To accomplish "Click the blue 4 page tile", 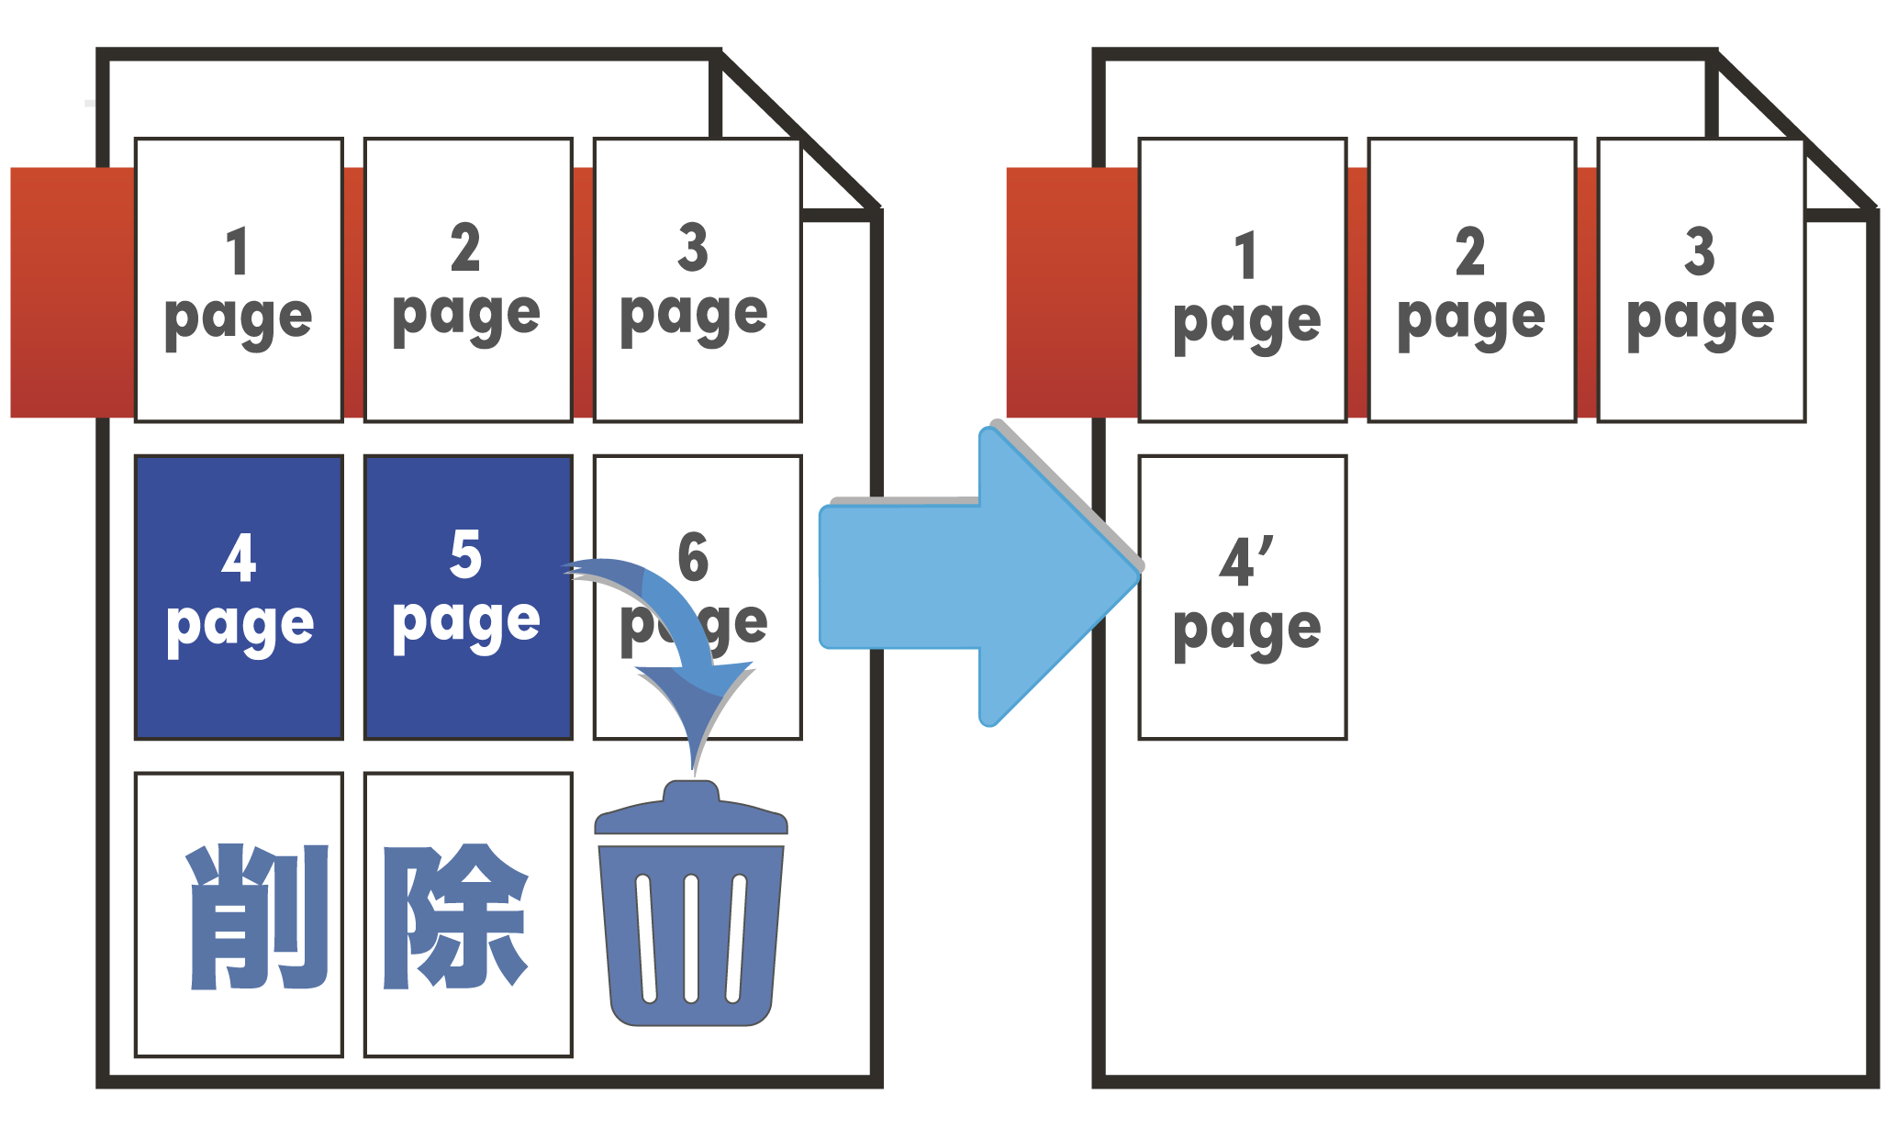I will tap(239, 597).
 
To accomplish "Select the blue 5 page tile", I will tap(467, 597).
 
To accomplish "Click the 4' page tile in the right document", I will tap(1243, 597).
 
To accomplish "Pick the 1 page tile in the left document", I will tap(239, 280).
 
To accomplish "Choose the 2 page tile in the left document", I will tap(467, 280).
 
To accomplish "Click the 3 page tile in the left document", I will tap(697, 280).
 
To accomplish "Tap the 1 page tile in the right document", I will tap(1243, 280).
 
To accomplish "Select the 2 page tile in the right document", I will tap(1471, 280).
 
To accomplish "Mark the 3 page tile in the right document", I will tap(1701, 280).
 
